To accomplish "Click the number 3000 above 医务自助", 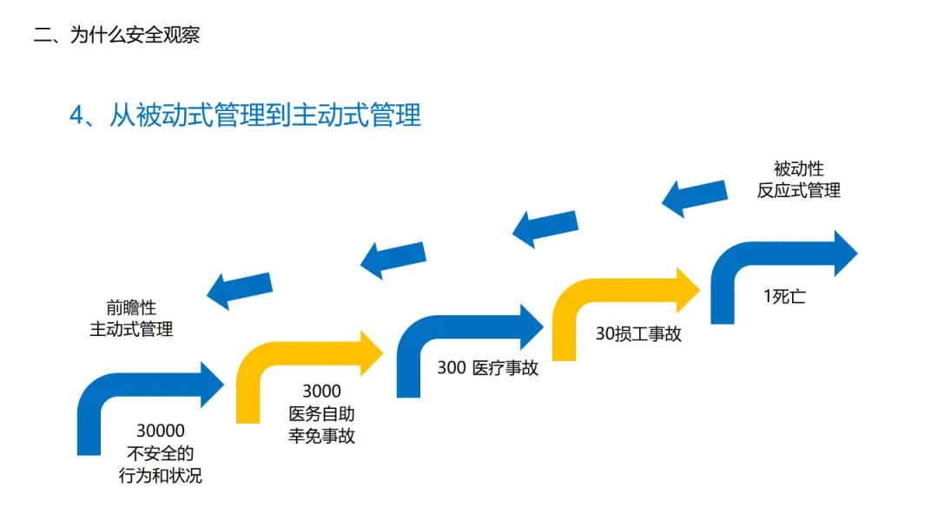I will [321, 392].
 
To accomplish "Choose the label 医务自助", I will [321, 414].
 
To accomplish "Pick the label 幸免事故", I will [321, 436].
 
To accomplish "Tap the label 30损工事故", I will [638, 333].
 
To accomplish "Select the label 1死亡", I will [784, 297].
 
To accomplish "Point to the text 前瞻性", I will [131, 307].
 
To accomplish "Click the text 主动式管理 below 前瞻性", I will [131, 330].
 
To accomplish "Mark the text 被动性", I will [798, 168].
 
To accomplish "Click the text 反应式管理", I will [798, 191].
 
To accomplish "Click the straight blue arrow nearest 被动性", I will [695, 197].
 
